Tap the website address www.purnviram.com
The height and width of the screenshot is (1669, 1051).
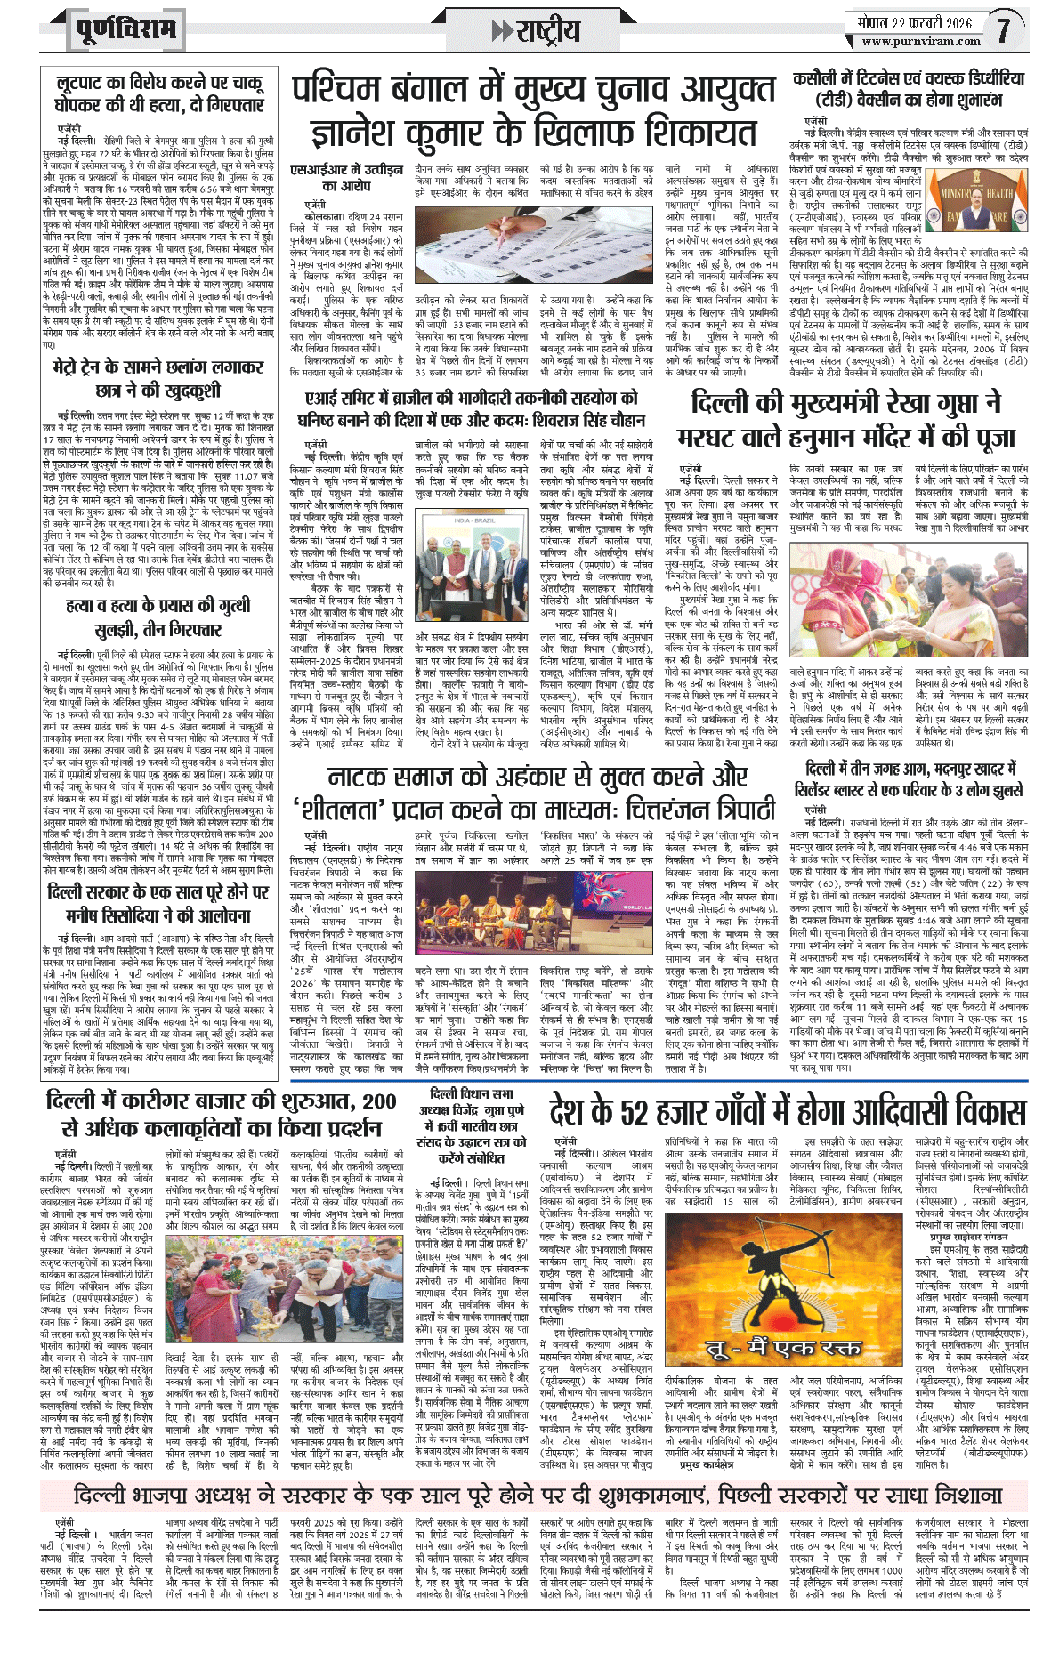click(x=920, y=41)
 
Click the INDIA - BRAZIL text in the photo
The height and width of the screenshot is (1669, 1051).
click(x=473, y=520)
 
